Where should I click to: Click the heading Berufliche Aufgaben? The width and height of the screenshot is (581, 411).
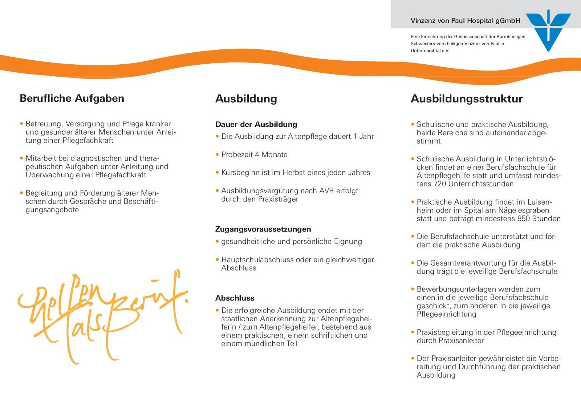(72, 98)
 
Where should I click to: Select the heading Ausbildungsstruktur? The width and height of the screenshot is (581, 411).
(467, 99)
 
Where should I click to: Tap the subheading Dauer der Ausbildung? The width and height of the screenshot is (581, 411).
(256, 125)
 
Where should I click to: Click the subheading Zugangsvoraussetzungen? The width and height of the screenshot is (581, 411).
(263, 229)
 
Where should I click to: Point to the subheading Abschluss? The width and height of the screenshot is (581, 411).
(235, 298)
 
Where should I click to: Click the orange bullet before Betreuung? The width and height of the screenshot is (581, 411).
(22, 124)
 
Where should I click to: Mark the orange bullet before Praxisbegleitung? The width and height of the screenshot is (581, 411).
(413, 332)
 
